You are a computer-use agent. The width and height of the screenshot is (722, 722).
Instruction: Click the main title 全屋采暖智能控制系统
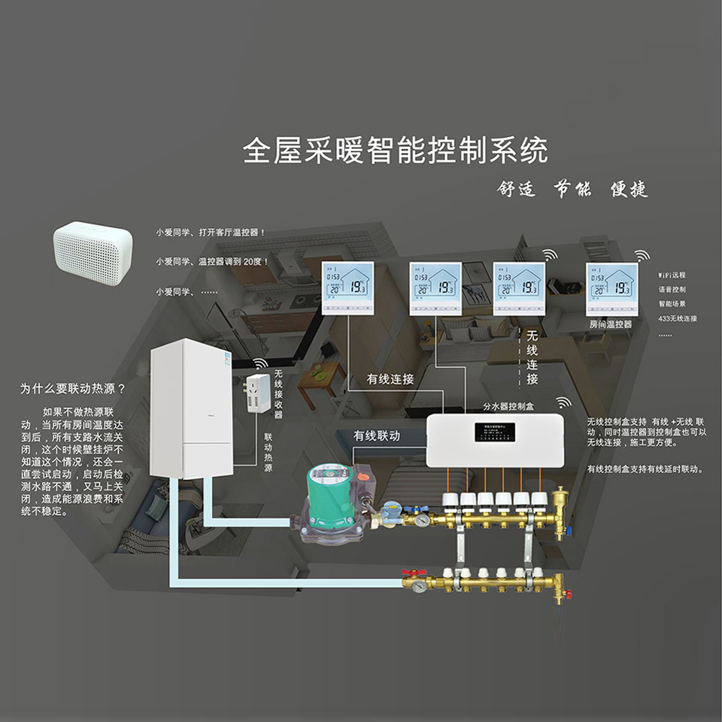395,150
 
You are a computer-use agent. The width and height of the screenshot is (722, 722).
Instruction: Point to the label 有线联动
377,435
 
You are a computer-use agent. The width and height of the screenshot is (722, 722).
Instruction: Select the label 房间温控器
611,324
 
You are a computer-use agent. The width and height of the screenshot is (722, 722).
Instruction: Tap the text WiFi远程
672,275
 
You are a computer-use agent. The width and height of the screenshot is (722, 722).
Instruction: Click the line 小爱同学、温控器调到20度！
212,262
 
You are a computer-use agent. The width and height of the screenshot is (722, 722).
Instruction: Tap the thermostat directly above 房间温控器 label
611,289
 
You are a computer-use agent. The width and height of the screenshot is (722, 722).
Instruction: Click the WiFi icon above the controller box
563,402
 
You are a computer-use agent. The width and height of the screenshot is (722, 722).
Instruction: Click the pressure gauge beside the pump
423,520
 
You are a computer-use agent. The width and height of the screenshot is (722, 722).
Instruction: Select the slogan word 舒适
517,189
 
